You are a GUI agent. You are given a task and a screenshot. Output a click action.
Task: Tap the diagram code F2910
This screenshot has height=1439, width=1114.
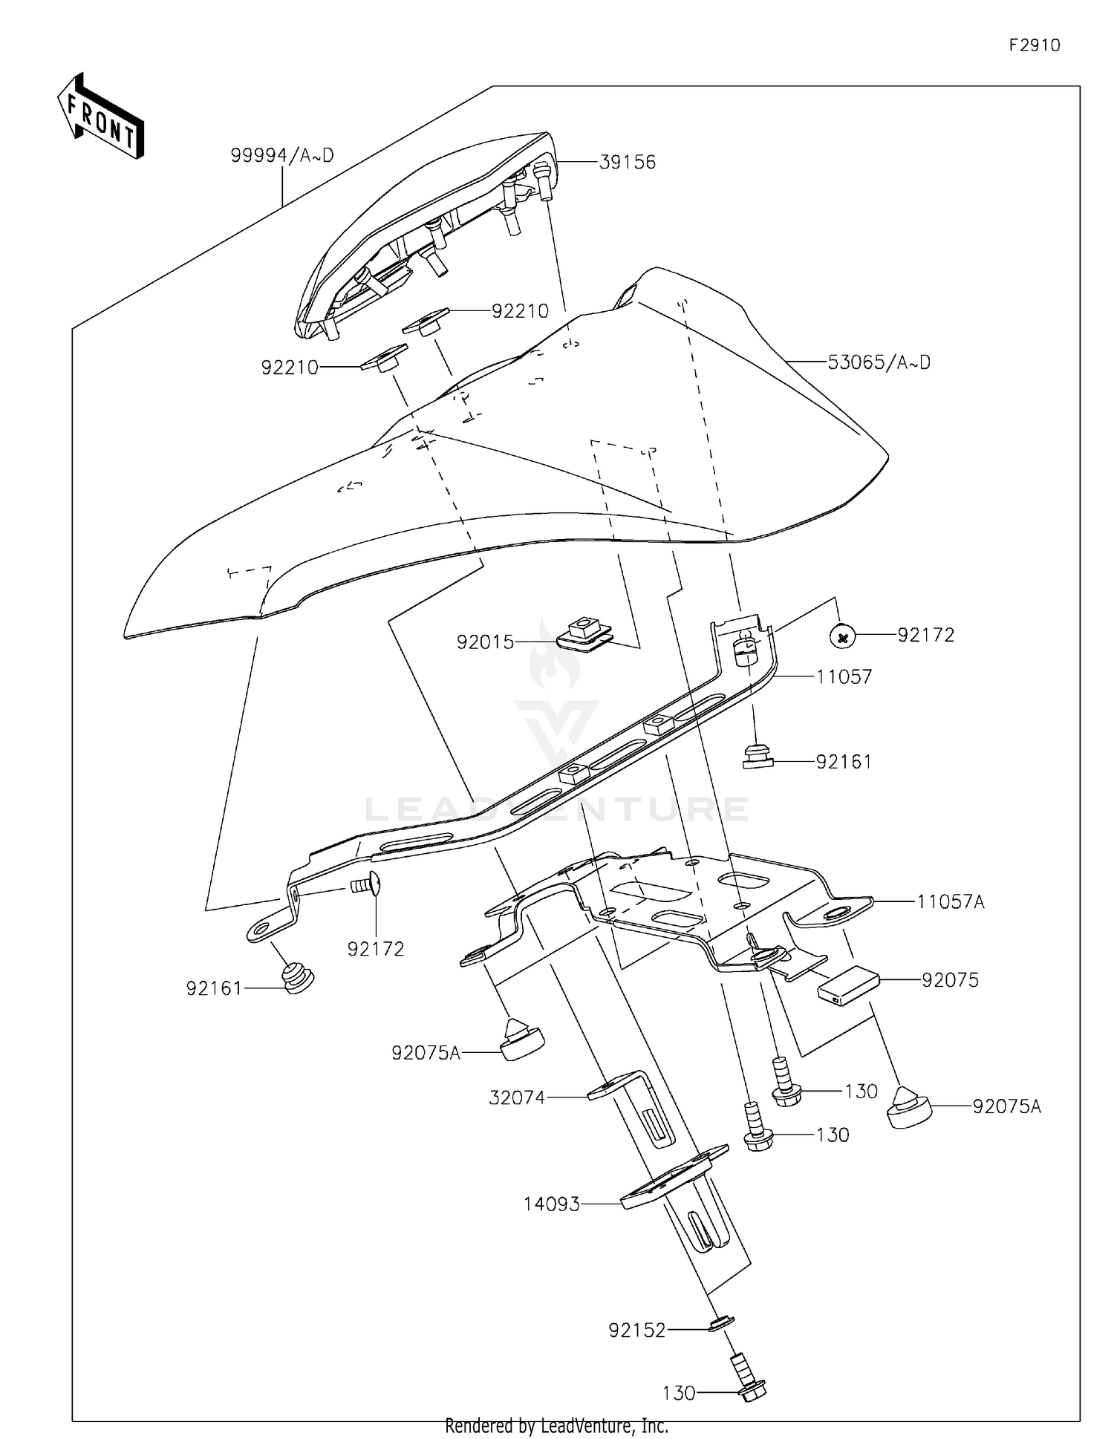[x=1034, y=45]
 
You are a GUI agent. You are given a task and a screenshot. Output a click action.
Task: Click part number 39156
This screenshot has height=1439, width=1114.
[x=627, y=162]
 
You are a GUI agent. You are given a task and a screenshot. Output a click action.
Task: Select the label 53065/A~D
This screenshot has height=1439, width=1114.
[x=879, y=362]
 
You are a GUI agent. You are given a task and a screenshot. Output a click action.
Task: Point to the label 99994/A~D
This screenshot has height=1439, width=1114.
[x=282, y=155]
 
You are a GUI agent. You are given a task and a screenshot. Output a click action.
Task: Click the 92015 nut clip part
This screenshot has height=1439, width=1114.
[x=584, y=633]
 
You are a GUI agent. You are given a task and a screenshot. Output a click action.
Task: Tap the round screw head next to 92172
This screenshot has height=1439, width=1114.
[x=842, y=636]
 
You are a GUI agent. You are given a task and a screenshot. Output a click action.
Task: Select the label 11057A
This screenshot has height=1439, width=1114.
[x=951, y=901]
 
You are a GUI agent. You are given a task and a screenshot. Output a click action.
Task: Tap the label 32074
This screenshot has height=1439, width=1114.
[x=517, y=1097]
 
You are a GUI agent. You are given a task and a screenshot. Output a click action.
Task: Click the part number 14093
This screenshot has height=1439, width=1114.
[x=551, y=1204]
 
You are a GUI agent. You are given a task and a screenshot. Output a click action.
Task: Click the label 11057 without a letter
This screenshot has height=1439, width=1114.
[x=844, y=676]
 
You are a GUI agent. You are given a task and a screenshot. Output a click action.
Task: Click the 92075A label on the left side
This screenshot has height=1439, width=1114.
[x=426, y=1052]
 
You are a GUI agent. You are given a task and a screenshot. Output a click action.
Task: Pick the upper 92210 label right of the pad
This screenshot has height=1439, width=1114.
[x=520, y=311]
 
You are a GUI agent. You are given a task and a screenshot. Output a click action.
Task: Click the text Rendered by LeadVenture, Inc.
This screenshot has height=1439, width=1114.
[x=556, y=1426]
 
